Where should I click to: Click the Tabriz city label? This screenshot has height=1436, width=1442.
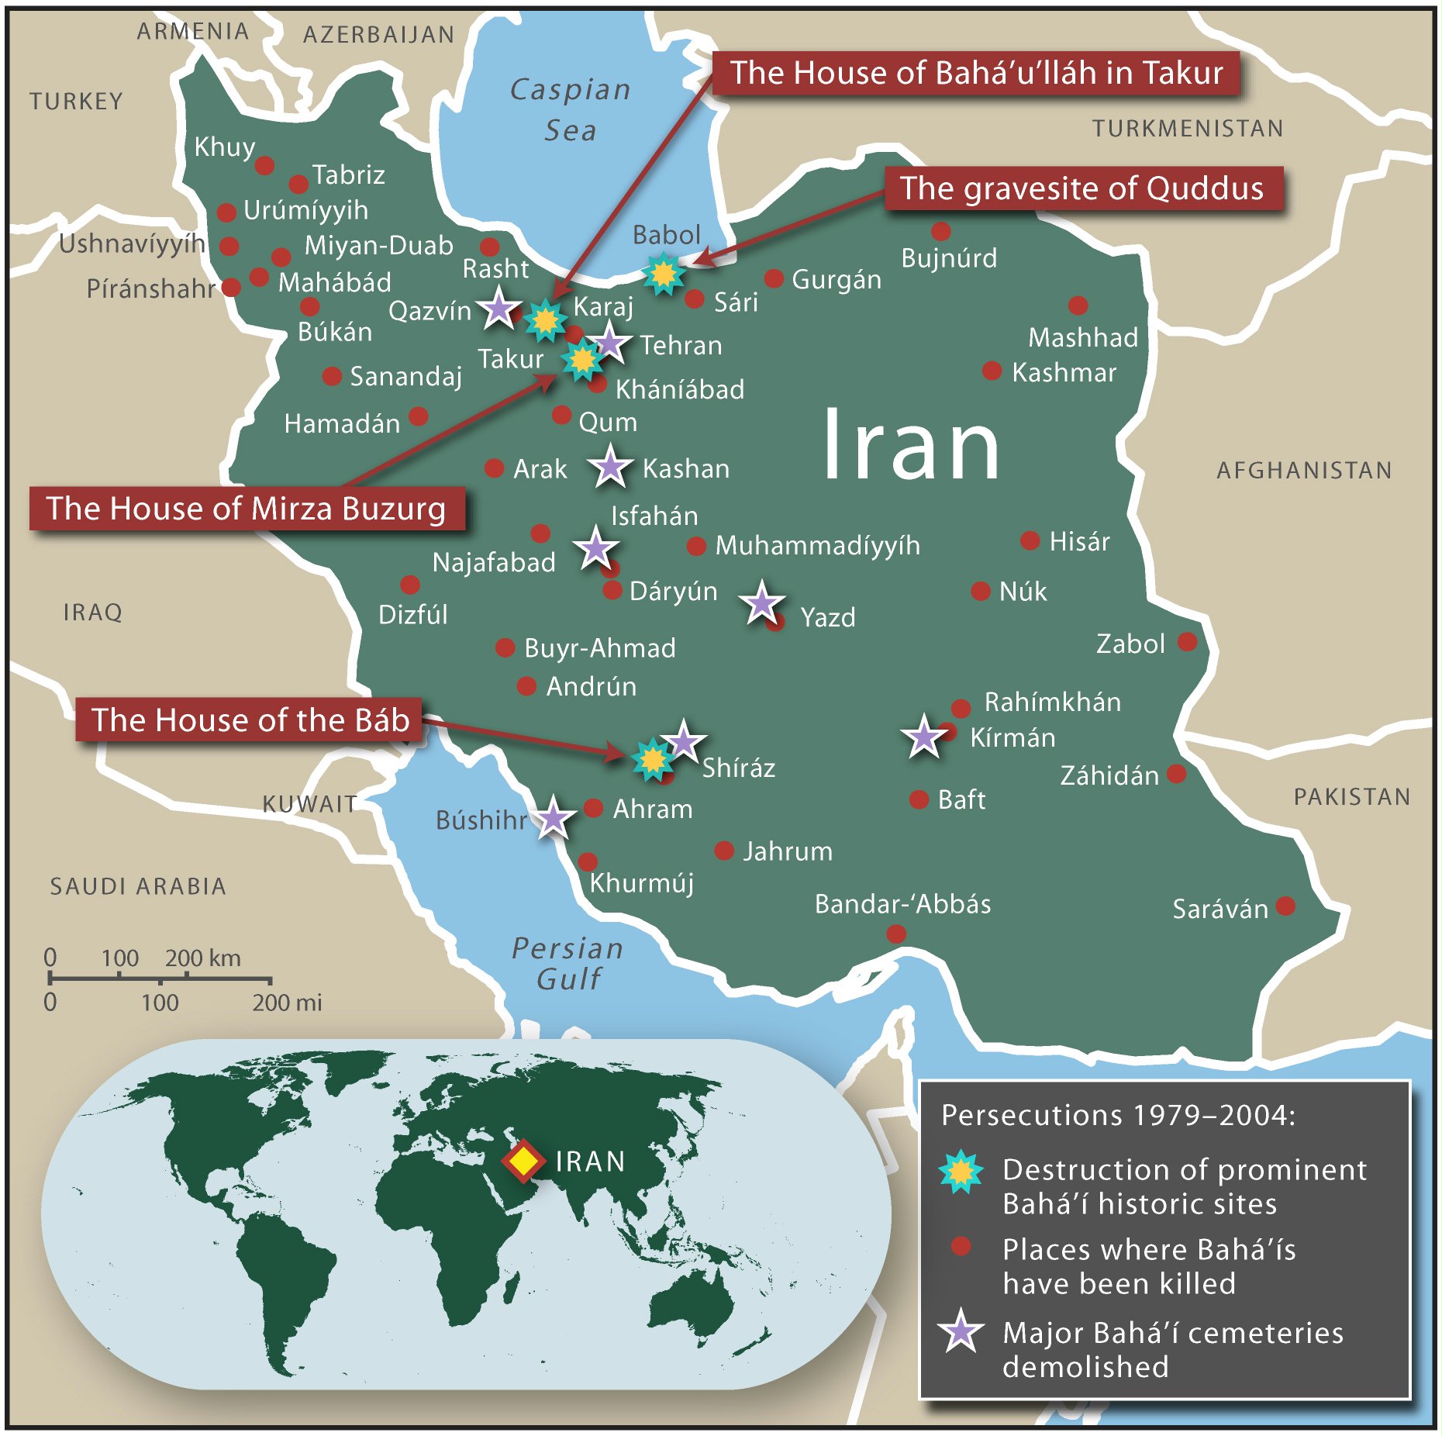click(x=348, y=174)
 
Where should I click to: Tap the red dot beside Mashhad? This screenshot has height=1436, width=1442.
click(x=1078, y=305)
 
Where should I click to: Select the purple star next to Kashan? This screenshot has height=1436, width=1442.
click(x=611, y=466)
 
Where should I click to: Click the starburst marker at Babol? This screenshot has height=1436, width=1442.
click(x=664, y=273)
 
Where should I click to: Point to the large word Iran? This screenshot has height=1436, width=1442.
click(x=910, y=446)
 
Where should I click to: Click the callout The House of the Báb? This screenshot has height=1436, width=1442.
click(x=250, y=720)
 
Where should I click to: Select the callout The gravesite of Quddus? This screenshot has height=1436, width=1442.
click(x=1082, y=188)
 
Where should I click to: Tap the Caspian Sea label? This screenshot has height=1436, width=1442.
click(x=570, y=109)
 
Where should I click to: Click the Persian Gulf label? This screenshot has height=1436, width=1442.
click(x=568, y=963)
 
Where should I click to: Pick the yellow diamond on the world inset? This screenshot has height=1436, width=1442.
click(x=523, y=1161)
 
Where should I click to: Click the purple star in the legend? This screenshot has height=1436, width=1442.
click(x=961, y=1332)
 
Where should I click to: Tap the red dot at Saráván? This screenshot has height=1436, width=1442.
click(x=1285, y=906)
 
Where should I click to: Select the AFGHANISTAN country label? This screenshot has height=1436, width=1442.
click(x=1304, y=470)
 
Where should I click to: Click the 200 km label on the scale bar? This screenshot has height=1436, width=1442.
click(x=202, y=958)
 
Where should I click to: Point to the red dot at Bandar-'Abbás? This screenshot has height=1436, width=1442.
click(x=896, y=934)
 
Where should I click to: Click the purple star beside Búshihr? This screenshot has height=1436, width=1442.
click(x=554, y=817)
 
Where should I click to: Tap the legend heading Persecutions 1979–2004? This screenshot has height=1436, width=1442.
click(x=1117, y=1115)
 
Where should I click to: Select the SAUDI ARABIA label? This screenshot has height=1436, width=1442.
click(x=138, y=885)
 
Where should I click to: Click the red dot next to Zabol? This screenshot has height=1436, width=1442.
click(x=1187, y=641)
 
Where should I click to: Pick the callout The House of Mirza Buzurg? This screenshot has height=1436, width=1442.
click(x=247, y=509)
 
